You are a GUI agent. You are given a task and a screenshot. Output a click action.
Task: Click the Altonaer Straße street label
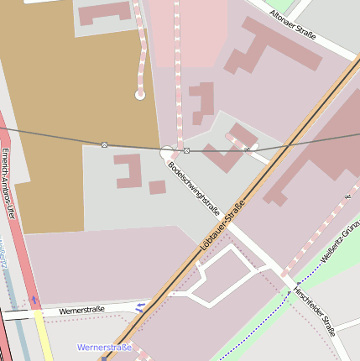pos(293,24)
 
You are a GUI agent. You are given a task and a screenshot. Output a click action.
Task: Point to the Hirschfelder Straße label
pos(314,311)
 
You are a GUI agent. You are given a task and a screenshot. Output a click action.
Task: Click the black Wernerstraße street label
pos(81,310)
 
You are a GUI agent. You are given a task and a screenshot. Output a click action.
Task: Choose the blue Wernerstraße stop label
pos(104,347)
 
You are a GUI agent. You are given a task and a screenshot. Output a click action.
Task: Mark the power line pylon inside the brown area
pos(104,145)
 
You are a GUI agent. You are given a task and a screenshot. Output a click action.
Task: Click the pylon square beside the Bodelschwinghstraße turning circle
pos(186,150)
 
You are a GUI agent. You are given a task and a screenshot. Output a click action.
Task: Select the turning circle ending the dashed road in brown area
pos(140,95)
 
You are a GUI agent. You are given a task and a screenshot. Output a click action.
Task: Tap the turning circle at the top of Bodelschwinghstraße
pos(167,152)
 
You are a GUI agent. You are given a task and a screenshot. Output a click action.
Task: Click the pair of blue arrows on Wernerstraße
pos(140,307)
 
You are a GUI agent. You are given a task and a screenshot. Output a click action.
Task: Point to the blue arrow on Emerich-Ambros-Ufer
pos(34,300)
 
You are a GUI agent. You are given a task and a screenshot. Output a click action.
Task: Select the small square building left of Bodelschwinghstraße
pos(157,187)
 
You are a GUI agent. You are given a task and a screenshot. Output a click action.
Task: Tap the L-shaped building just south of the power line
pos(128,170)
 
